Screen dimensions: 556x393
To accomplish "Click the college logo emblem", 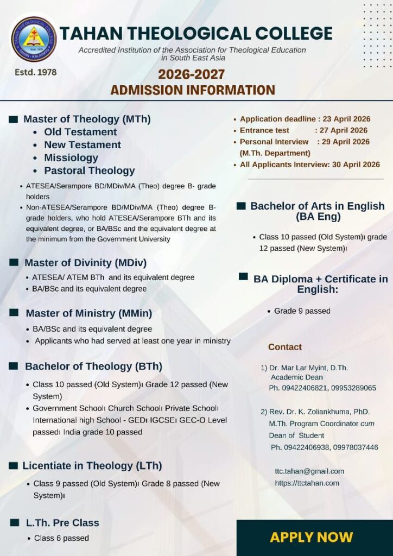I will click(34, 39).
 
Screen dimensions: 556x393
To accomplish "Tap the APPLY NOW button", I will click(311, 537).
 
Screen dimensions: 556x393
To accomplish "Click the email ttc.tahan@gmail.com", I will click(309, 471).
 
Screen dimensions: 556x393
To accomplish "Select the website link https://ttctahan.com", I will click(307, 483).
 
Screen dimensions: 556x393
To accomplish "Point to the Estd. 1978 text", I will click(35, 72).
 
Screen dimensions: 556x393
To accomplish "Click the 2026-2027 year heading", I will click(192, 74).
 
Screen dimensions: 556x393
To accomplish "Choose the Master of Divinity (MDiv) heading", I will click(85, 263).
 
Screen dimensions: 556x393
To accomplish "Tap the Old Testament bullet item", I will click(80, 132).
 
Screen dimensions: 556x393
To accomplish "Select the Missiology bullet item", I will click(71, 157).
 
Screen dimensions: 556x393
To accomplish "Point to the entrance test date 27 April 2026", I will click(343, 130).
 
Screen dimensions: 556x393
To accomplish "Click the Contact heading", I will click(285, 347).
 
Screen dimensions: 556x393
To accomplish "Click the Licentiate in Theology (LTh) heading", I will click(92, 466).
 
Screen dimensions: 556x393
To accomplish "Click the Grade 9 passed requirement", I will click(302, 311).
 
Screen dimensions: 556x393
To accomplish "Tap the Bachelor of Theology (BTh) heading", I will click(93, 367).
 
